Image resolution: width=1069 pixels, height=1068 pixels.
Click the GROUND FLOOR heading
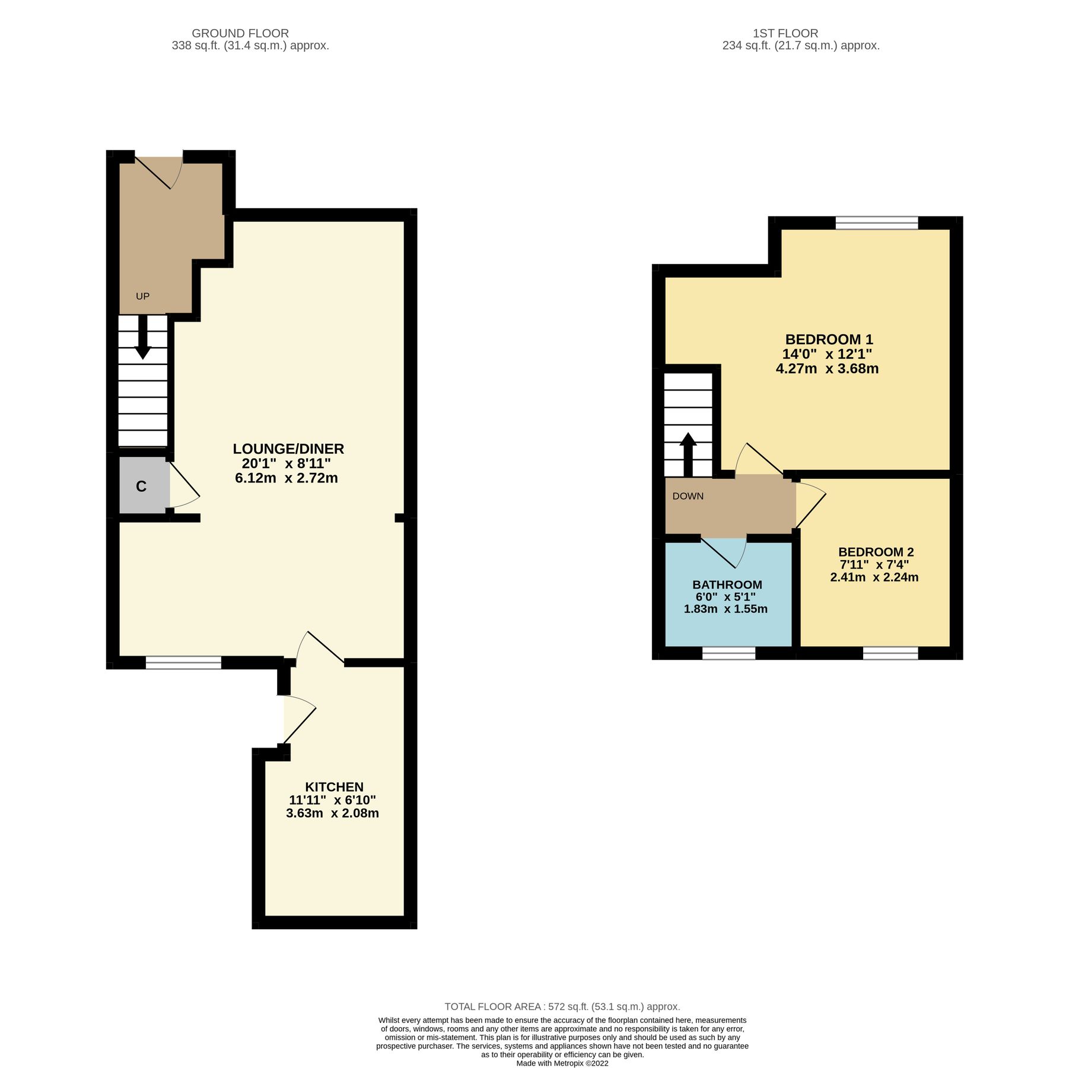[240, 33]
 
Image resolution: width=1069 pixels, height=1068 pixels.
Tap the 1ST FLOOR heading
[785, 33]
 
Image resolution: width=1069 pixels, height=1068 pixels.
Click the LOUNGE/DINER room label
[288, 449]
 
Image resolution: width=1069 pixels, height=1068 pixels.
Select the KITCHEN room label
[334, 787]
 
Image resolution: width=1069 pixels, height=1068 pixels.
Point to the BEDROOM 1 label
[829, 339]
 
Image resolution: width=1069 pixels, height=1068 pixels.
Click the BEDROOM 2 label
[876, 552]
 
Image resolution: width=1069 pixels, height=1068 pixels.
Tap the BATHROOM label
[727, 584]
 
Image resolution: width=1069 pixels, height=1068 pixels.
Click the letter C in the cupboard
[141, 487]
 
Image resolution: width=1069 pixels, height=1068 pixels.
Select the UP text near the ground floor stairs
[142, 296]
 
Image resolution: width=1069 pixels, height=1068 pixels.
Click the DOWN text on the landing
[688, 496]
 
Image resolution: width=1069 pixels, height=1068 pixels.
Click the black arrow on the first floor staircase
[688, 454]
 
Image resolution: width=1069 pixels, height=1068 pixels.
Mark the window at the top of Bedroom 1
[876, 223]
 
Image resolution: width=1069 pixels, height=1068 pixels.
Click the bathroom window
[728, 653]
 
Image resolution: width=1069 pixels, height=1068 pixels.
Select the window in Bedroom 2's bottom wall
[890, 653]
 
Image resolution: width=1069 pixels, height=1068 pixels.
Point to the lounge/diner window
[183, 663]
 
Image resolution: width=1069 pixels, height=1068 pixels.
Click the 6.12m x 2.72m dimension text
[287, 478]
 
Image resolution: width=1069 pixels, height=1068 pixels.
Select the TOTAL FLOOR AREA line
[562, 1006]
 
